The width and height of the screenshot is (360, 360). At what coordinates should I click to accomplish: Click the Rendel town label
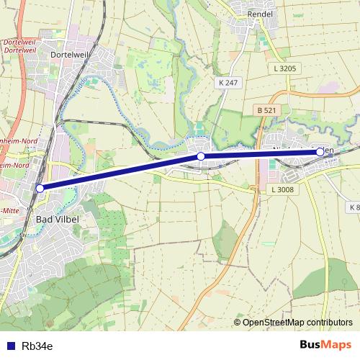258,14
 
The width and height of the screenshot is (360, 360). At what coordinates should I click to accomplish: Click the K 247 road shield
228,84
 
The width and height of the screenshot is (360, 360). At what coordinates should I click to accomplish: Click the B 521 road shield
266,110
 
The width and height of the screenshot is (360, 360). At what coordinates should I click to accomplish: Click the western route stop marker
40,188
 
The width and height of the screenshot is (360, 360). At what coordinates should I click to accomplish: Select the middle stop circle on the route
202,156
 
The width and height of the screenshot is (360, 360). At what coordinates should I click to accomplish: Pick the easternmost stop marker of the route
320,152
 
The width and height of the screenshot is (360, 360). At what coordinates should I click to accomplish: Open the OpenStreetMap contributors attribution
297,322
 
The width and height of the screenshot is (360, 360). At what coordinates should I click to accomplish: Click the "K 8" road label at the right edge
354,207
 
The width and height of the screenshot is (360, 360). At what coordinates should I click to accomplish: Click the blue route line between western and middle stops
121,172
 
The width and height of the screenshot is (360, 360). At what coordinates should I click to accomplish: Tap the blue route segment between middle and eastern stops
261,154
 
